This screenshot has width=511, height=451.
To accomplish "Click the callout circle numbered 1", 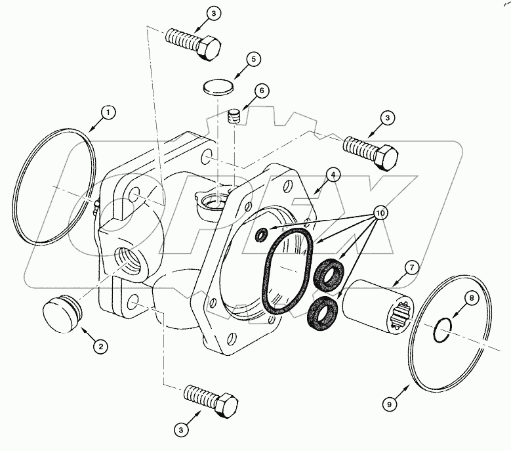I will click(x=108, y=112).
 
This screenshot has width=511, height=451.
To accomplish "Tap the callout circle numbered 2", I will click(x=100, y=345).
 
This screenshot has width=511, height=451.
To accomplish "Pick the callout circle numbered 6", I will click(x=260, y=91).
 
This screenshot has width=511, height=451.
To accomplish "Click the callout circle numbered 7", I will click(x=411, y=267).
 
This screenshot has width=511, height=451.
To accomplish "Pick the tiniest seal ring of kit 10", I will click(x=262, y=234).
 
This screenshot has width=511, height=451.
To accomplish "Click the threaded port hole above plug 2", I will click(x=127, y=257).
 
